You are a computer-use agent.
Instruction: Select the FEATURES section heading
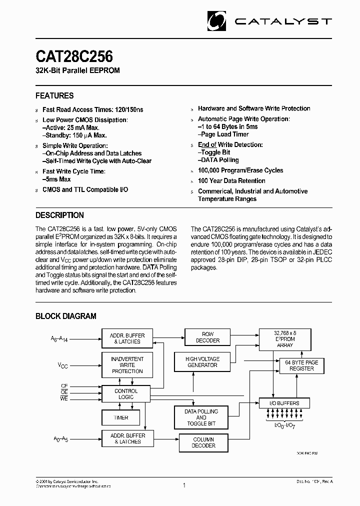point(54,95)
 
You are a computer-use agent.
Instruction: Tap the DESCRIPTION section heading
point(59,215)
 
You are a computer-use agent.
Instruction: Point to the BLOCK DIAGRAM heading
point(65,316)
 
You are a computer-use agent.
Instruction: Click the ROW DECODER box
point(207,337)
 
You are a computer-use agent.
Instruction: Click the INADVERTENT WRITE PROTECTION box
point(127,365)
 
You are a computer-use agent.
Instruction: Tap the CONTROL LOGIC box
point(126,394)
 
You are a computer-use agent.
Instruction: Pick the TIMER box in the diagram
point(121,417)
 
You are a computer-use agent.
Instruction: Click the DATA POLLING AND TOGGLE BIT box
point(201,417)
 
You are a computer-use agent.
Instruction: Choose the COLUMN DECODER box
point(203,442)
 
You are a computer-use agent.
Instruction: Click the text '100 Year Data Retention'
point(231,181)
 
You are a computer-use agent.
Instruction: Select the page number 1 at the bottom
point(184,485)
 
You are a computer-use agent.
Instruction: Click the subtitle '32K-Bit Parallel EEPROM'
point(77,70)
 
